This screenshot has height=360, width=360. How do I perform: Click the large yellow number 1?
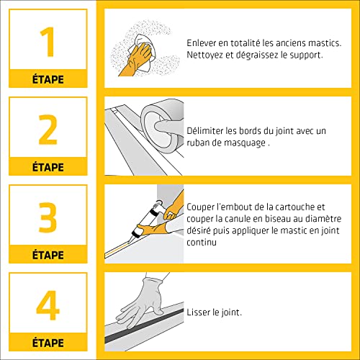(48, 42)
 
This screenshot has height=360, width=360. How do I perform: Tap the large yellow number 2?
(48, 130)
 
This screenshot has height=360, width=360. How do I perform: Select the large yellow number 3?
(48, 218)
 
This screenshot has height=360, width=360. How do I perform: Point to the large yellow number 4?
(48, 305)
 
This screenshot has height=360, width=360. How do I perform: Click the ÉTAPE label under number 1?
(48, 78)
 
